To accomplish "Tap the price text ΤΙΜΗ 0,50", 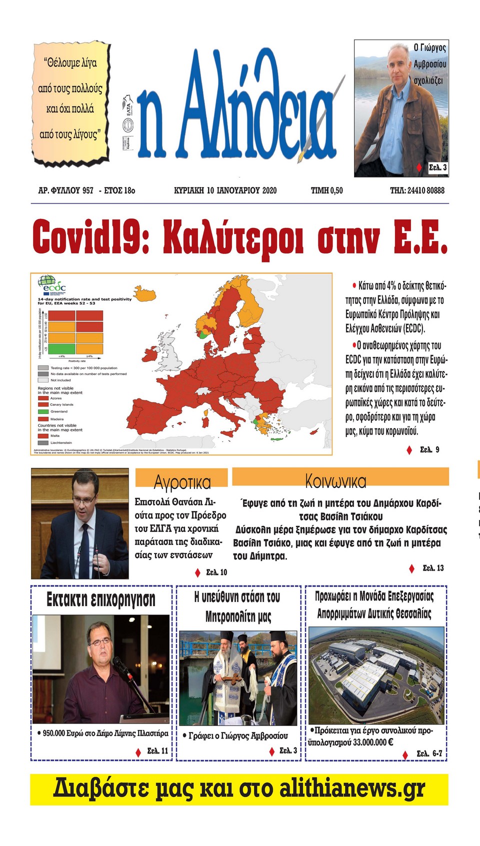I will pyautogui.click(x=326, y=190).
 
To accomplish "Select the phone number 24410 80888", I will pyautogui.click(x=425, y=190).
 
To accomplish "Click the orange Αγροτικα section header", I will pyautogui.click(x=181, y=478).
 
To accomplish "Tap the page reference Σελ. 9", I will pyautogui.click(x=429, y=449).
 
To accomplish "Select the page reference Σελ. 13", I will pyautogui.click(x=433, y=567).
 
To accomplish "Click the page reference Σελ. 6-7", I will pyautogui.click(x=429, y=753).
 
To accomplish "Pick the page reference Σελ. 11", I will pyautogui.click(x=157, y=751).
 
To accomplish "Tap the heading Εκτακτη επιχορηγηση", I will pyautogui.click(x=101, y=599).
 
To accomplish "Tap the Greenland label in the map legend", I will pyautogui.click(x=58, y=411).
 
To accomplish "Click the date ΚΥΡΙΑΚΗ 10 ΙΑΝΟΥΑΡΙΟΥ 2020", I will pyautogui.click(x=225, y=190).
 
